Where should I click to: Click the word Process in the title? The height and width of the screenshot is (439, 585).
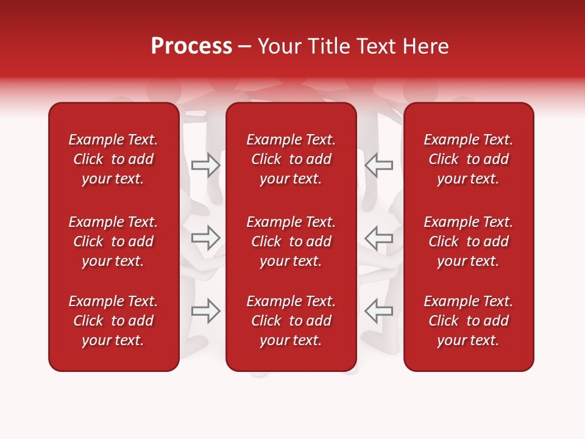191,46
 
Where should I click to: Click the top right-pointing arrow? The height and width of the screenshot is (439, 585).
206,165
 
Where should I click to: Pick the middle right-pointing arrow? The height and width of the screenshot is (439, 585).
206,238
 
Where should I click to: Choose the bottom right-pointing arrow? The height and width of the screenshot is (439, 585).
206,311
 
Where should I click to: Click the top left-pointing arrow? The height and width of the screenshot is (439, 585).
378,165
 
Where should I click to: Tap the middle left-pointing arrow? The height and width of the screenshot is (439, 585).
378,238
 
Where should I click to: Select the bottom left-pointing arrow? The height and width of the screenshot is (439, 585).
378,311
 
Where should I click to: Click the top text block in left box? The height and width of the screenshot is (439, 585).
113,159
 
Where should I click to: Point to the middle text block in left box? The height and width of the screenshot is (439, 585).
113,241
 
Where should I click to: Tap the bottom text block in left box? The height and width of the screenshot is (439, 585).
113,321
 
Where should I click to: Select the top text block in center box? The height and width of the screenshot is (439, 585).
291,159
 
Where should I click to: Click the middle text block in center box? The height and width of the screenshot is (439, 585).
291,241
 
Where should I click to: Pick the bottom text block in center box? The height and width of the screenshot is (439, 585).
291,321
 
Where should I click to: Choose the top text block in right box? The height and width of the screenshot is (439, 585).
468,159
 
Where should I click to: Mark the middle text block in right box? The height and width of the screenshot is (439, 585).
468,241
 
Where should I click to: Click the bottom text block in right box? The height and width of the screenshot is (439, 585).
468,321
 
